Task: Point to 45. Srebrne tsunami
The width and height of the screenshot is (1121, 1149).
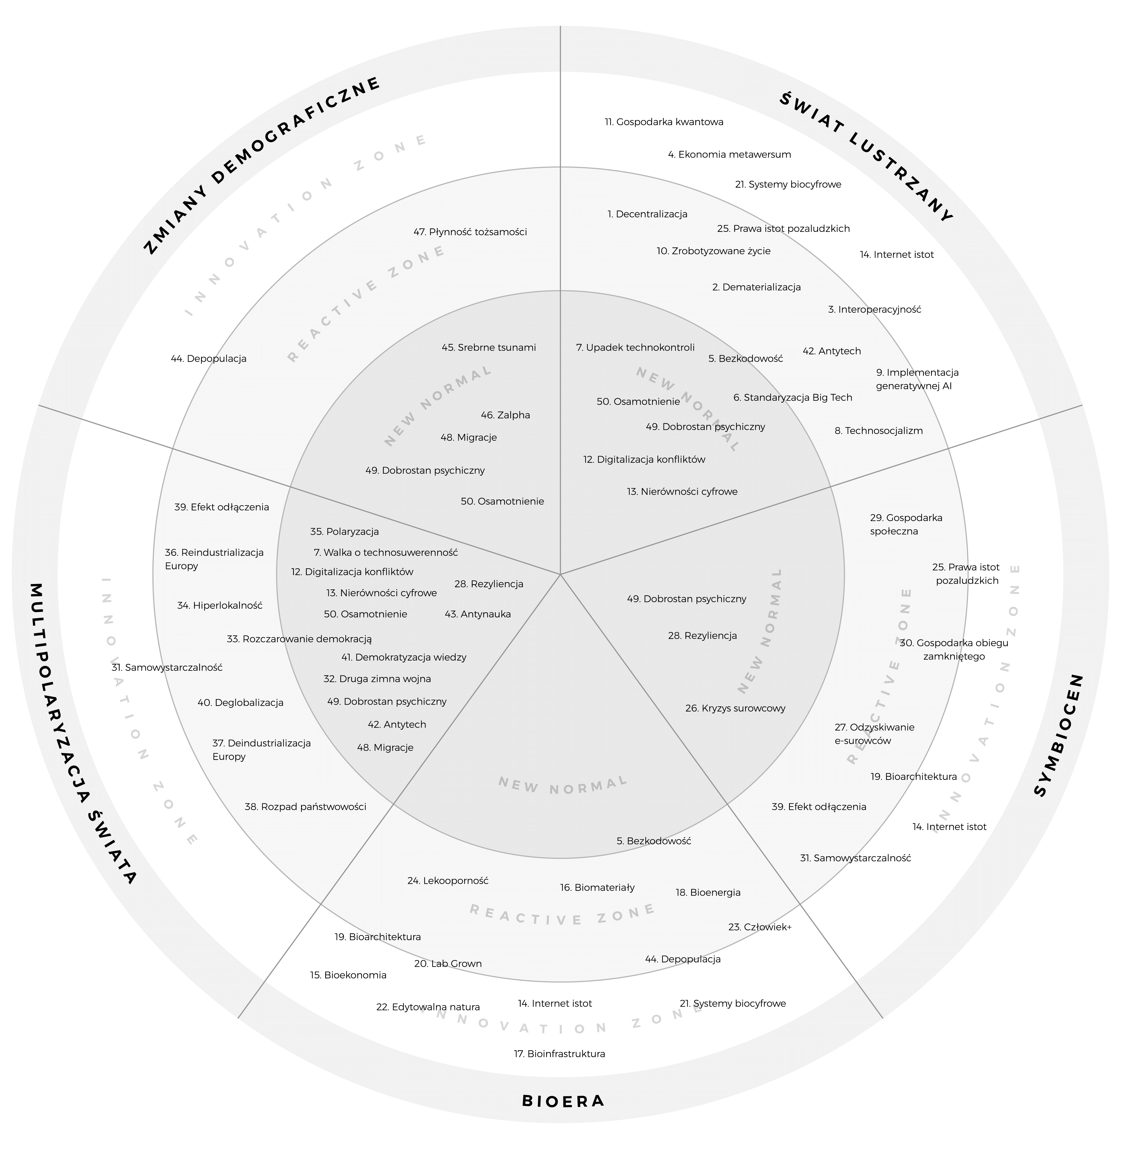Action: tap(489, 347)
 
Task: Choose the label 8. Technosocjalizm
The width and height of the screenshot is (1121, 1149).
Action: tap(879, 430)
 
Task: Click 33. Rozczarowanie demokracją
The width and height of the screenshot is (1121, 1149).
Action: tap(299, 639)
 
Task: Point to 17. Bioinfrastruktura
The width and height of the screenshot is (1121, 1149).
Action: tap(559, 1054)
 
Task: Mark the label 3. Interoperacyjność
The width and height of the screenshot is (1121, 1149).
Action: tap(874, 309)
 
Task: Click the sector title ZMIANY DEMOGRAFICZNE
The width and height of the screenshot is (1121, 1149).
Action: tap(262, 165)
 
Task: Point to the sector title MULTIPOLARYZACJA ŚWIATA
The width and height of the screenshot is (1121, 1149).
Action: tap(83, 733)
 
